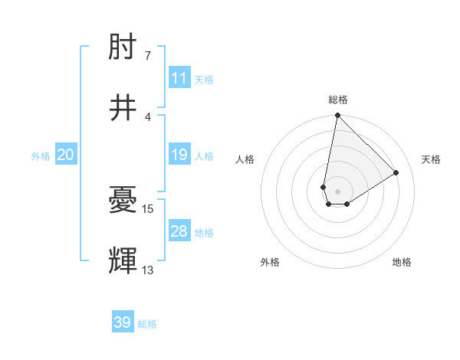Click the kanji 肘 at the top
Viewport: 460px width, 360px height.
coord(123,49)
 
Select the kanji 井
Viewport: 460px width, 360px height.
coord(123,108)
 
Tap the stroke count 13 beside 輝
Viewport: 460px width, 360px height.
coord(148,269)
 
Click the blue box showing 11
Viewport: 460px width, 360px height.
coord(179,78)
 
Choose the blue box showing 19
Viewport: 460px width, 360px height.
coord(179,155)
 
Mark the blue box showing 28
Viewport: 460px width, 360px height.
coord(179,231)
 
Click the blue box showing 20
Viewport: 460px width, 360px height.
coord(66,155)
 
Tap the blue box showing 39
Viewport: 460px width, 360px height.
coord(123,322)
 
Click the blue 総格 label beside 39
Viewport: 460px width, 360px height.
coord(147,324)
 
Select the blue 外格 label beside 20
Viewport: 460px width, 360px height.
coord(41,155)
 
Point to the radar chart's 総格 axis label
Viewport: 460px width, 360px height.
coord(338,100)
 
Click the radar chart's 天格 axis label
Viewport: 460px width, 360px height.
coord(432,159)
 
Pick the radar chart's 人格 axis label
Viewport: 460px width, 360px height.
coord(245,159)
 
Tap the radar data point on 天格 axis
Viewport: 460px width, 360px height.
coord(396,173)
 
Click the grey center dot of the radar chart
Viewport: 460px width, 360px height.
coord(338,191)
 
